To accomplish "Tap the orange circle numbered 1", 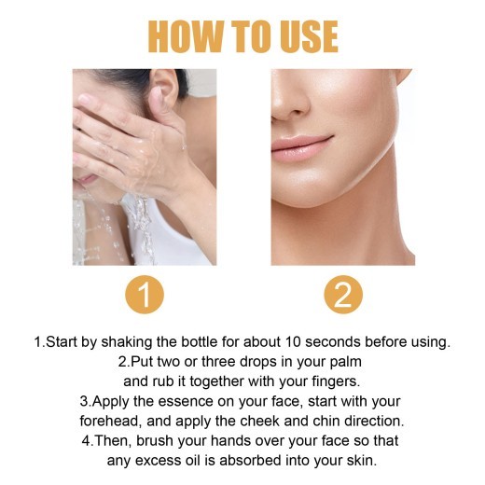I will (x=144, y=295).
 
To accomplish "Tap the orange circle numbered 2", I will (x=341, y=295).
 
